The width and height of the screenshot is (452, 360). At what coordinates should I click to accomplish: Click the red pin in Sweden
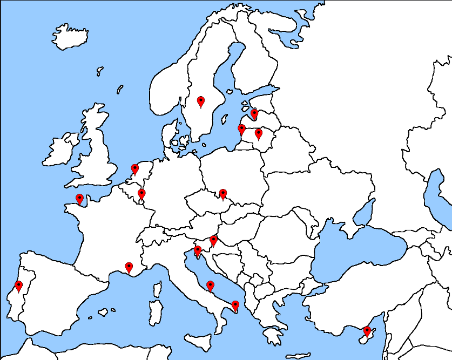tap(201, 101)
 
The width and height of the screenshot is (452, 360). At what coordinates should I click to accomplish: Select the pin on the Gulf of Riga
tap(254, 114)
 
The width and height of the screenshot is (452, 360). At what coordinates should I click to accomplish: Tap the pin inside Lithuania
tap(259, 133)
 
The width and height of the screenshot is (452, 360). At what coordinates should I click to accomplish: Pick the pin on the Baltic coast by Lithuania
tap(242, 129)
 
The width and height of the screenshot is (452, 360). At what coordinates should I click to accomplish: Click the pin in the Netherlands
tap(135, 169)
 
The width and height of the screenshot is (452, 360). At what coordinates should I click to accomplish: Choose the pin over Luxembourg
tap(141, 193)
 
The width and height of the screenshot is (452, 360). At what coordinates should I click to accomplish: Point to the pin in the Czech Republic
tap(222, 193)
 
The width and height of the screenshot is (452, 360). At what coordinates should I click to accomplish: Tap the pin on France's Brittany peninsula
tap(79, 199)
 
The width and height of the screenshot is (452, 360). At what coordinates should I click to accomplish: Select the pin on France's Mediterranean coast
tap(129, 267)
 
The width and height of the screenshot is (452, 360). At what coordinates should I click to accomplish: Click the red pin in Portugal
tap(19, 286)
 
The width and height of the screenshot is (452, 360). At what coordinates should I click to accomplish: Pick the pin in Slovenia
tap(214, 240)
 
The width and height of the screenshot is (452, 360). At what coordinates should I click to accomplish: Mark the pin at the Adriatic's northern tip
tap(198, 250)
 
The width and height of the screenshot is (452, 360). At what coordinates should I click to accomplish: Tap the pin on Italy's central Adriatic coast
tap(210, 286)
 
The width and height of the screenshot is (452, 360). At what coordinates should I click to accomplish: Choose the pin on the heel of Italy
tap(235, 305)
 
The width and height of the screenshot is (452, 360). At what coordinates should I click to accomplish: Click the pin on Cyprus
tap(367, 330)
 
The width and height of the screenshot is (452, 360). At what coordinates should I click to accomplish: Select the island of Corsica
tap(158, 289)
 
